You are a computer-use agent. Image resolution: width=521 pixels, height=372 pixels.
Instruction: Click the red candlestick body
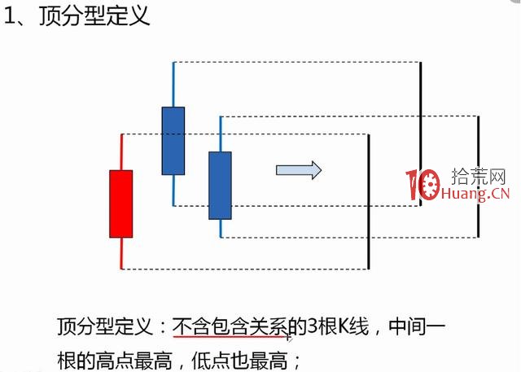coord(120,204)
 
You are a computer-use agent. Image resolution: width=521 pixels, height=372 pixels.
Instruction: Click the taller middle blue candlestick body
coord(173,140)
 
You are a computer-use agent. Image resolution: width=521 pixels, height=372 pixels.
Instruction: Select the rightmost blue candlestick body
coord(220,185)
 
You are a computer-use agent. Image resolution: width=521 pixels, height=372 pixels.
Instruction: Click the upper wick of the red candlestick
coord(121,152)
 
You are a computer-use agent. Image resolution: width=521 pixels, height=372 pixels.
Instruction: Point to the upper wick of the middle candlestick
coord(173,84)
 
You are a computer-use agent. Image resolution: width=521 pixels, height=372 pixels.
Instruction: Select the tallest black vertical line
coord(420,133)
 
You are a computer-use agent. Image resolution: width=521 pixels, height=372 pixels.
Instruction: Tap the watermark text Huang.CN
coord(476,194)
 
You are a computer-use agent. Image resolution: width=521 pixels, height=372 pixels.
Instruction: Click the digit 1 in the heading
coord(10,17)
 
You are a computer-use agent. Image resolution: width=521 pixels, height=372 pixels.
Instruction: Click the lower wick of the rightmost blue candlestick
coord(221,228)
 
